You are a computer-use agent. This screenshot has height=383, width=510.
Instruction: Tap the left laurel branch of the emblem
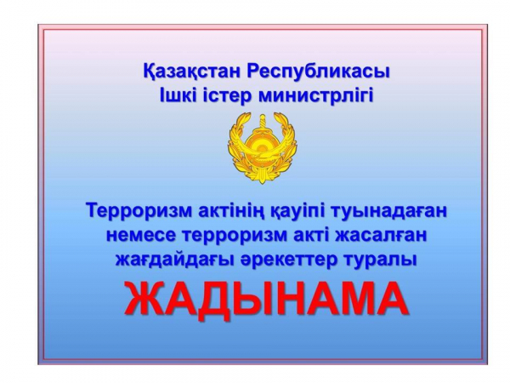coord(240,146)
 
